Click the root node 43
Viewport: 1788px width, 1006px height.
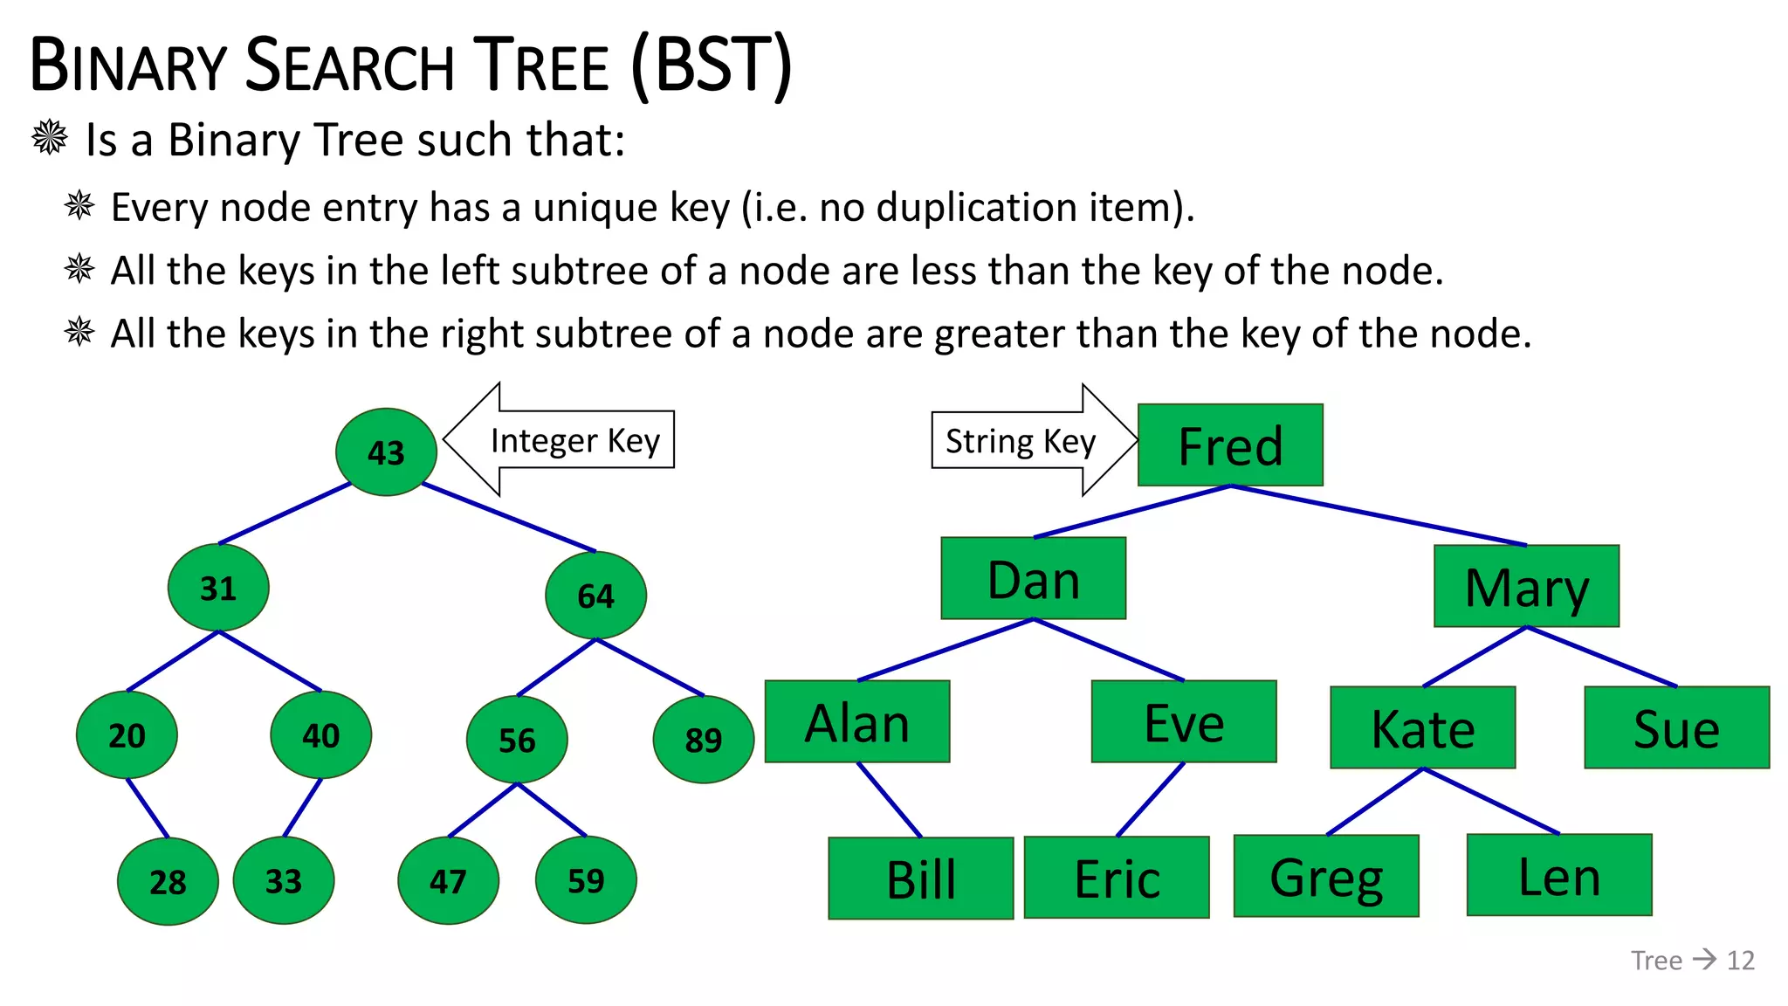(x=386, y=452)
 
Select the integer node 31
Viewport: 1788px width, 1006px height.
(x=218, y=588)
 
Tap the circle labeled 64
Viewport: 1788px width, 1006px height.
(x=595, y=596)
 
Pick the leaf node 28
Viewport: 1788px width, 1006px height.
(x=168, y=881)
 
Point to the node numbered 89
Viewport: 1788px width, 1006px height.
(x=703, y=740)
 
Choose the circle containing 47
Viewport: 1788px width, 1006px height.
(x=448, y=881)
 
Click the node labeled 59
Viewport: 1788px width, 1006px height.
(x=586, y=880)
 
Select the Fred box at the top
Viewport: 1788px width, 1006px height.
(x=1230, y=445)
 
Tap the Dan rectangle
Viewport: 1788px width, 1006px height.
(x=1033, y=579)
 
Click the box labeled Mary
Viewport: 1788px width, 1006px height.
(x=1526, y=587)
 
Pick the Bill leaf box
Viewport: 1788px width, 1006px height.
(x=920, y=879)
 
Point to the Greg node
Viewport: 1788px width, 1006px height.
(x=1326, y=877)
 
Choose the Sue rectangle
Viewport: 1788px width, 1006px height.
(x=1676, y=728)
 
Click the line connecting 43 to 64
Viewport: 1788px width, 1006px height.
(x=508, y=517)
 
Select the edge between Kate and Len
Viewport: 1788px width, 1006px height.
(x=1491, y=801)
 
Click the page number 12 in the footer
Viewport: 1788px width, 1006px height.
(x=1740, y=961)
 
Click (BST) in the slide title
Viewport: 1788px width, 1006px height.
(x=712, y=66)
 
